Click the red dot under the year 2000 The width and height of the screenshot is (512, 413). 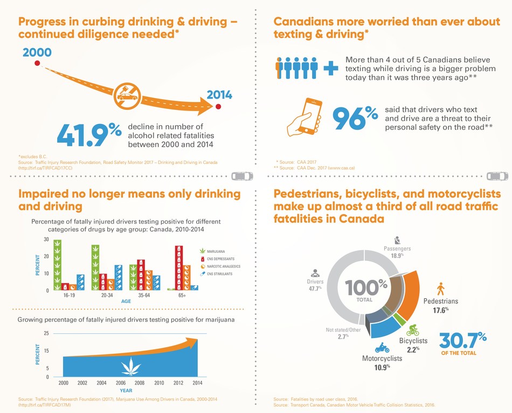click(x=37, y=64)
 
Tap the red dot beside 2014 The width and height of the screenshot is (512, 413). click(x=218, y=106)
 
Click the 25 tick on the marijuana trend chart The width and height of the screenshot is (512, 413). click(x=46, y=333)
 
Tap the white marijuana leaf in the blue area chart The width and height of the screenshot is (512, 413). click(x=129, y=367)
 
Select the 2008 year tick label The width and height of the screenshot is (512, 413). click(x=140, y=383)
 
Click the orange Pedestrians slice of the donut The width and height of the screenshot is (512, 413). click(x=411, y=294)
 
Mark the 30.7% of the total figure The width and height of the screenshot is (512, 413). click(x=463, y=343)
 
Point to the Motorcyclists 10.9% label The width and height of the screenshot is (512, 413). click(x=382, y=362)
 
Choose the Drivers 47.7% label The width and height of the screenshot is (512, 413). click(x=315, y=285)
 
